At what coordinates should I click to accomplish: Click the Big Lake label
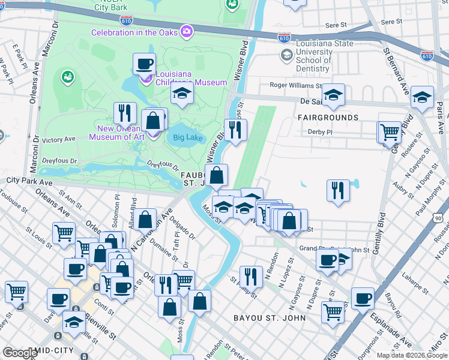click(x=187, y=137)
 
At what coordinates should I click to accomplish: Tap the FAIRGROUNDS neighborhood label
click(x=328, y=118)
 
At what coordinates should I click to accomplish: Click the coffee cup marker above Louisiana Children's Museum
click(x=144, y=63)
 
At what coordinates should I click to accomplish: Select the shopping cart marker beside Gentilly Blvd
click(x=390, y=131)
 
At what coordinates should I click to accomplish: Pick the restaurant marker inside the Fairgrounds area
click(x=338, y=190)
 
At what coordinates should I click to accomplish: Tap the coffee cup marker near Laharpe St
click(x=362, y=298)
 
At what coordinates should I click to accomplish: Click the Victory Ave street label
click(x=58, y=139)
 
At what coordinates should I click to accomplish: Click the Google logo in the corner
click(x=20, y=353)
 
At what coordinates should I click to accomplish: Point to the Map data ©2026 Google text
click(x=412, y=355)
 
